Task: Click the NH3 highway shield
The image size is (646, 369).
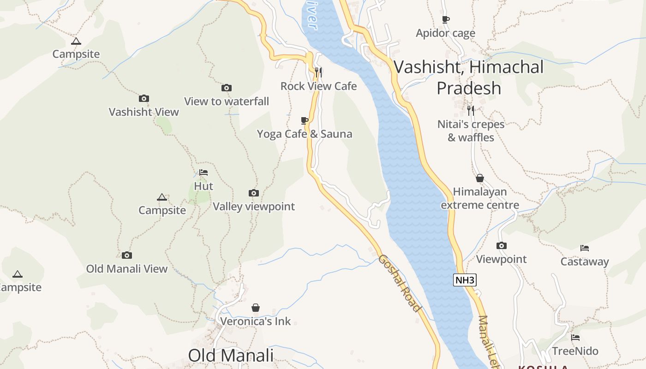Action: (464, 280)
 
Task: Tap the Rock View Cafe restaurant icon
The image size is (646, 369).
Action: (318, 72)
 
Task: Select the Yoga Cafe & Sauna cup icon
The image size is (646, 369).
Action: (305, 121)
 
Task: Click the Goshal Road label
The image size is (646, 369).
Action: (400, 283)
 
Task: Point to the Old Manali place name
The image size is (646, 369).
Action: (231, 356)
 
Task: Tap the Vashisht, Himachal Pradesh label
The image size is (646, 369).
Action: (469, 77)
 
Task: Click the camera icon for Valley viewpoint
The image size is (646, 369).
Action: (254, 193)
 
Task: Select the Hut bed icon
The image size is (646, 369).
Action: (203, 173)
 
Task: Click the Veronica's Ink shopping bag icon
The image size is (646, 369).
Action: (256, 308)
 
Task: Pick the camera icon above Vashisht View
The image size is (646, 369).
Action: (144, 98)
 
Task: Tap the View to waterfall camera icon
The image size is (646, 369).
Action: (227, 88)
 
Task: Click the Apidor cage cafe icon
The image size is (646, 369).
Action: (445, 19)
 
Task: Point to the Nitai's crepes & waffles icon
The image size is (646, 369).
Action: (470, 110)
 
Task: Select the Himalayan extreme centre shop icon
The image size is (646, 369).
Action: (480, 178)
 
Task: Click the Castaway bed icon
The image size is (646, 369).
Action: (585, 248)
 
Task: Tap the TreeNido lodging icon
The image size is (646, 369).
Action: (575, 338)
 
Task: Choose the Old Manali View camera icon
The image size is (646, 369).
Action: (127, 255)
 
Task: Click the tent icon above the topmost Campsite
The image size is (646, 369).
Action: (76, 41)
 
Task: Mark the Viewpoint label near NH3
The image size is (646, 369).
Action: (501, 259)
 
